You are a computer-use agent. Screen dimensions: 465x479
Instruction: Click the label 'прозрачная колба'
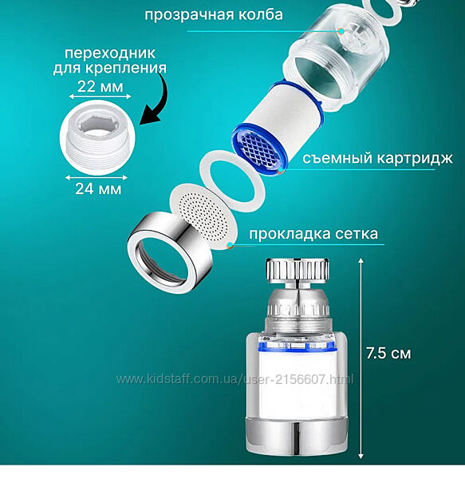pos(214,15)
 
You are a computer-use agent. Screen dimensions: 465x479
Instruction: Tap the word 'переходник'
pos(110,53)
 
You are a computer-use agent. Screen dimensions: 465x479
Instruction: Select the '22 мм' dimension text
pos(100,86)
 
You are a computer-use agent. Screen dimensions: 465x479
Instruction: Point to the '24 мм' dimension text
pos(98,188)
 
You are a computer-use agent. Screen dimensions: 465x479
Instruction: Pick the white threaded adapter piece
pos(97,137)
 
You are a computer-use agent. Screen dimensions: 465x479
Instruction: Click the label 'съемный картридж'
pos(377,159)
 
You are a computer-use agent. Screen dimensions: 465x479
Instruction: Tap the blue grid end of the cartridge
pos(258,148)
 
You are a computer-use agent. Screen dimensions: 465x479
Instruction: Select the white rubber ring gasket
pos(232,181)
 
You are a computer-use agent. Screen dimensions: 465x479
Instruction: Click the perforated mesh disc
pos(203,216)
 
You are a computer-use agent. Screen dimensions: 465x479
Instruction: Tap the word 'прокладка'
pos(290,234)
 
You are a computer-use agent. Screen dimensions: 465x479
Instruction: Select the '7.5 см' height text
pos(388,354)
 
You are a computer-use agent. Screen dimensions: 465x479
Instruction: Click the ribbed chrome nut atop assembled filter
pos(298,270)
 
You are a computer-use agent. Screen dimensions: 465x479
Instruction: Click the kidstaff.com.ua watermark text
pos(235,379)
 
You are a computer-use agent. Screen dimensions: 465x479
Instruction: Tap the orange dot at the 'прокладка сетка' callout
pos(231,245)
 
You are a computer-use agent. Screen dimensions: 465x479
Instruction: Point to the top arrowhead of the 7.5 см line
pos(361,260)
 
